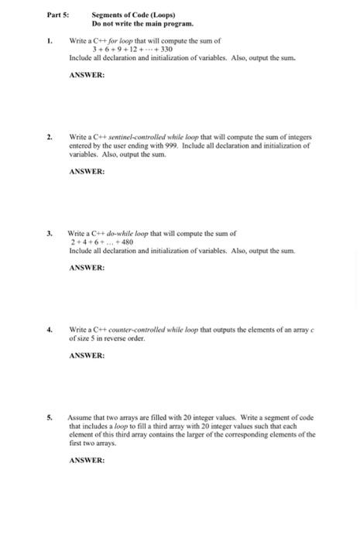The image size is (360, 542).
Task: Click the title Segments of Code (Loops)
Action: coord(133,15)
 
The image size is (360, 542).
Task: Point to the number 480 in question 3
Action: coord(126,242)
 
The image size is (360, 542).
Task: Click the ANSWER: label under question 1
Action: coord(87,74)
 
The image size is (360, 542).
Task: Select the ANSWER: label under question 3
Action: coord(87,267)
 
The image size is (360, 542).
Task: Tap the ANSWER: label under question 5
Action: coord(87,460)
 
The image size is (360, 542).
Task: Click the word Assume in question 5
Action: coord(82,417)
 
